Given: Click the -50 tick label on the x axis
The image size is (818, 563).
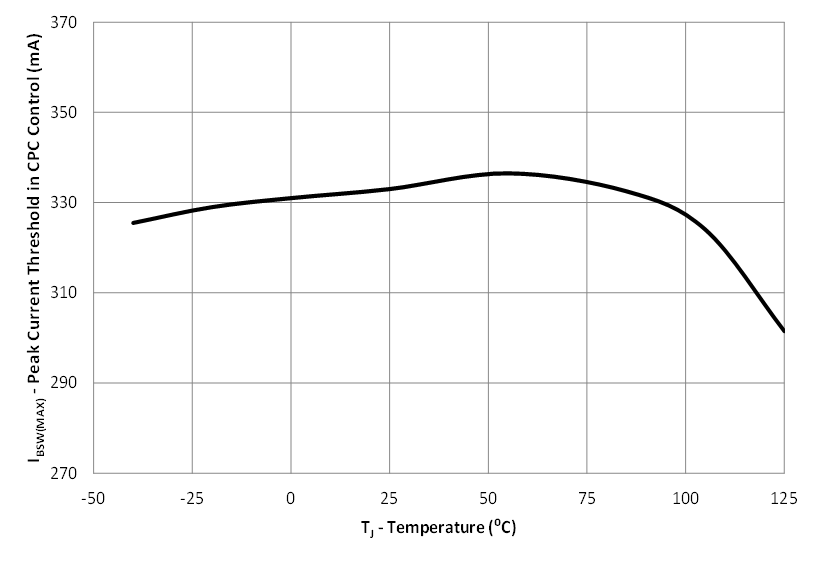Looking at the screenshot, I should [x=93, y=497].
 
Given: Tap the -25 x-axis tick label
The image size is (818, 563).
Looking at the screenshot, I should [x=192, y=497].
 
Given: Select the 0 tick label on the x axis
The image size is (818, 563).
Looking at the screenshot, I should [x=291, y=497].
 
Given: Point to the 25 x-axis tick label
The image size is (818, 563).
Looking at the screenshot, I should [x=389, y=497].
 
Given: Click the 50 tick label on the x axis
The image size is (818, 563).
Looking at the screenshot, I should [x=488, y=497].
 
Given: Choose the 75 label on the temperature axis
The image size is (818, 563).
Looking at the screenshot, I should [x=587, y=497].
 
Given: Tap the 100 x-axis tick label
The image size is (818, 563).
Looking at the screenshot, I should [x=686, y=497].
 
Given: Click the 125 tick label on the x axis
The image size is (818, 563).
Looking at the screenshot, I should [x=784, y=497].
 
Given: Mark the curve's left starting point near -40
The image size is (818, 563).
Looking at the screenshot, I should [x=133, y=223].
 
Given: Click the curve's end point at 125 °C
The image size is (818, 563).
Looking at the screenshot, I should [x=784, y=331].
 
